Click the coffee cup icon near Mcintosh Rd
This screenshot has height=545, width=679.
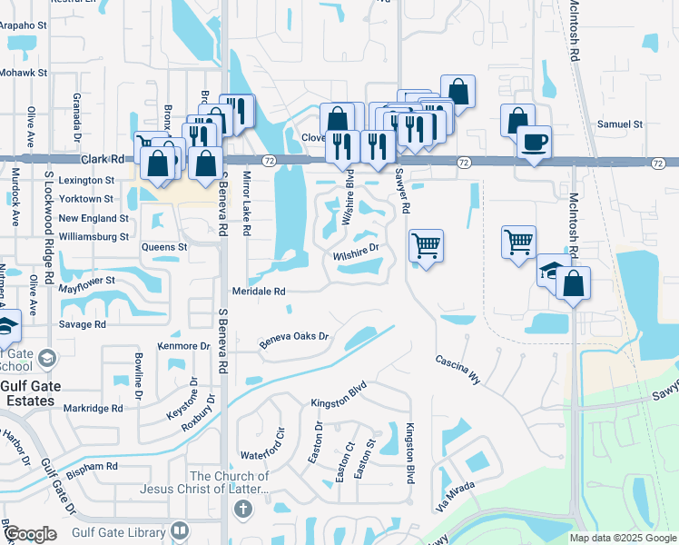[533, 142]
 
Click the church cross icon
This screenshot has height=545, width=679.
[241, 509]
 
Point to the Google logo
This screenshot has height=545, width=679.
[29, 534]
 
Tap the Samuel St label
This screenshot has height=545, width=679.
[620, 124]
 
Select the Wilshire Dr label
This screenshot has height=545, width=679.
[355, 246]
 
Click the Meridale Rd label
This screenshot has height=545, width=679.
[259, 292]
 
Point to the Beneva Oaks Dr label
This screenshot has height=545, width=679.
[292, 341]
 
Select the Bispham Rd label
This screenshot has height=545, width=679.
[93, 466]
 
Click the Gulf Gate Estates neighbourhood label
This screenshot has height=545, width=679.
[44, 393]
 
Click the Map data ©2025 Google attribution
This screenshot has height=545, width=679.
[623, 538]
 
